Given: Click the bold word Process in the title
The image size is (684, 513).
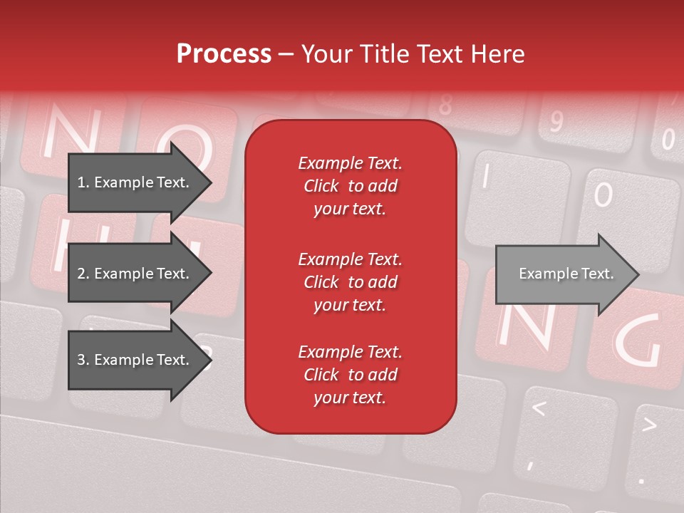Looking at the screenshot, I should (224, 54).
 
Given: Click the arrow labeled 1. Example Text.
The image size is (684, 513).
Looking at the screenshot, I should (135, 182).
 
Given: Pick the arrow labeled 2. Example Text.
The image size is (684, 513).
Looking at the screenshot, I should (135, 274).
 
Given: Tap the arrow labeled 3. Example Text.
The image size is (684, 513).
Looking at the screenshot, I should (135, 360).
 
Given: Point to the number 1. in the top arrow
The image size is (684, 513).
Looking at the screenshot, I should (83, 182).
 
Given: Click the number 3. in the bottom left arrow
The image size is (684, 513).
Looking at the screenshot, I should (83, 360).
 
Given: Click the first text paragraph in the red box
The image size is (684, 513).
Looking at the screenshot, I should (350, 186).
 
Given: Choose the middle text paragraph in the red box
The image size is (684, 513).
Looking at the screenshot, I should (350, 282).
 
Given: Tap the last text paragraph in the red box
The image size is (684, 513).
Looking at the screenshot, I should (350, 375).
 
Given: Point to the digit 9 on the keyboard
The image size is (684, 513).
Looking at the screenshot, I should (555, 122).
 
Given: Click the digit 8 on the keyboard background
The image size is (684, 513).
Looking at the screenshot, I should (445, 105).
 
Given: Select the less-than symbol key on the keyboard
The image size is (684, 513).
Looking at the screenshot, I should (539, 409).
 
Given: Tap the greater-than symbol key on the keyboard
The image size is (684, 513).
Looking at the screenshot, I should (648, 425).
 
